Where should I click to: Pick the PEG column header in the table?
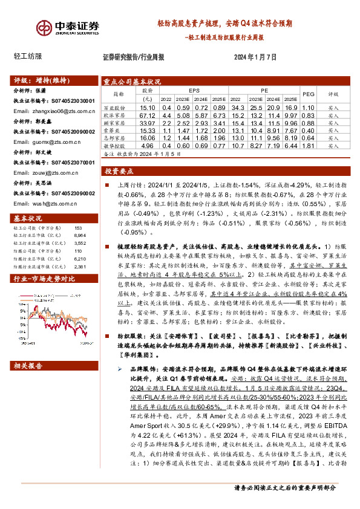point(309,94)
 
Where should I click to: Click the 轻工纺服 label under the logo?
point(28,56)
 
